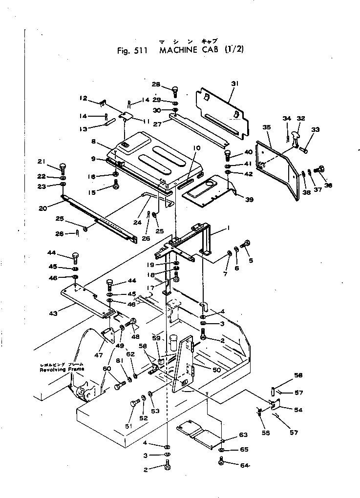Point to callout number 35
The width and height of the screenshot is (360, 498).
click(266, 127)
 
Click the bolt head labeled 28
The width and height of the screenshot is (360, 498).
click(175, 90)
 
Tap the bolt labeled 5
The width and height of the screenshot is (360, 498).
click(247, 243)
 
